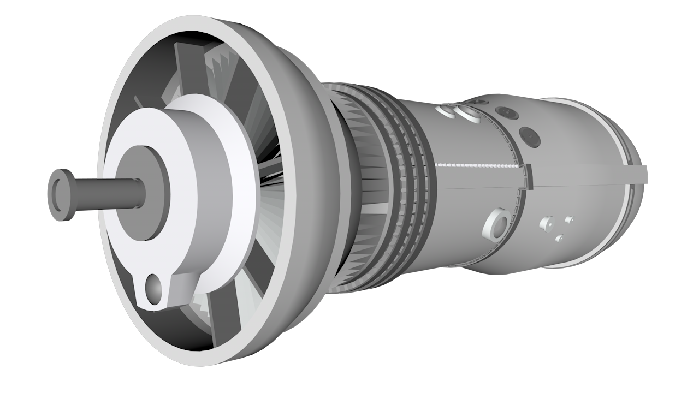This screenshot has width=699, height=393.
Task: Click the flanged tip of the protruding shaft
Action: pyautogui.click(x=61, y=194)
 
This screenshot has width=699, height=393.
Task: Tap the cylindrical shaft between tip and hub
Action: pyautogui.click(x=109, y=193)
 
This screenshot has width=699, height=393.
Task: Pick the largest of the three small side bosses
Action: pyautogui.click(x=546, y=224)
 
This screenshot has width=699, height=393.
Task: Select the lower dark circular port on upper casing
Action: pyautogui.click(x=529, y=136)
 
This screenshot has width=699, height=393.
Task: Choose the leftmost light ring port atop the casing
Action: pyautogui.click(x=447, y=111)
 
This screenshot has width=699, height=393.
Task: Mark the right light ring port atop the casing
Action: pyautogui.click(x=469, y=114)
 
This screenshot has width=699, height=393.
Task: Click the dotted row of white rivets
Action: pyautogui.click(x=475, y=164)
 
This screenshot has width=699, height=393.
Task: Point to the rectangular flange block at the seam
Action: pyautogui.click(x=528, y=176)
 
